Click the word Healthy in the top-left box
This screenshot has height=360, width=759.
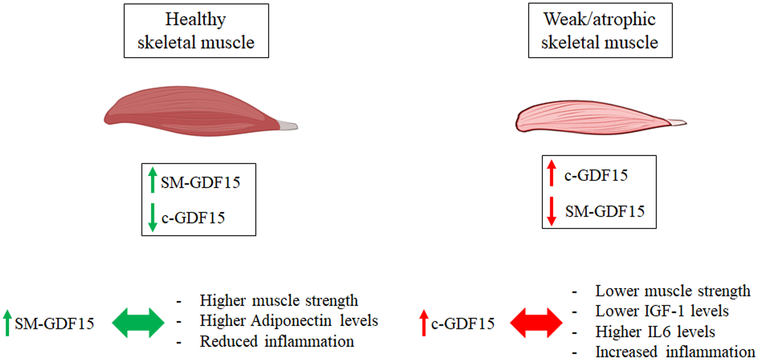point(195,20)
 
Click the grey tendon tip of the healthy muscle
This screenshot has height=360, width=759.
point(288,126)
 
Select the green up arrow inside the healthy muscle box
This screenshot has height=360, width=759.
point(153,180)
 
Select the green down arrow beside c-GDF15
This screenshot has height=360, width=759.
point(153,217)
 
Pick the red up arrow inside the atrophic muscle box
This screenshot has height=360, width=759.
point(551,173)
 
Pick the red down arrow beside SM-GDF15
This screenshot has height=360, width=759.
point(551,211)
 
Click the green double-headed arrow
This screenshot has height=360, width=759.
point(138,323)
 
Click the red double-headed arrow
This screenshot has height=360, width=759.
point(536,323)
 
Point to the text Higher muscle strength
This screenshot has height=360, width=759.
point(279,301)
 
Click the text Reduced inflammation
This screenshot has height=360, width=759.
point(277,342)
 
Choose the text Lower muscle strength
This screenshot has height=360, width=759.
point(672,291)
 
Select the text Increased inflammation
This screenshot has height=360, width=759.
point(675,352)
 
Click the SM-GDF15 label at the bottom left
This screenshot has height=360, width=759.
point(54,324)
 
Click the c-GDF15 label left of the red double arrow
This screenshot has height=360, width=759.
point(463,324)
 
